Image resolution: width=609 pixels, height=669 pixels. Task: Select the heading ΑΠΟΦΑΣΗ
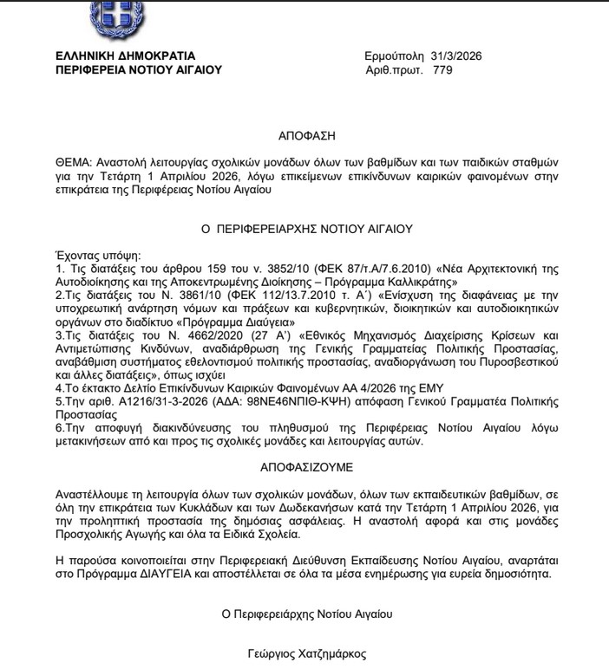(306, 136)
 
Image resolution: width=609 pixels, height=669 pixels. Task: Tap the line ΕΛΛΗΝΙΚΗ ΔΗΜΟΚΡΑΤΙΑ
(125, 56)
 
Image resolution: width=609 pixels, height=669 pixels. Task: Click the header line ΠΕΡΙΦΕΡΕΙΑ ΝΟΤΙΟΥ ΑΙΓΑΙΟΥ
(138, 70)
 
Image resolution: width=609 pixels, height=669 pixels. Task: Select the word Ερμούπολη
(394, 56)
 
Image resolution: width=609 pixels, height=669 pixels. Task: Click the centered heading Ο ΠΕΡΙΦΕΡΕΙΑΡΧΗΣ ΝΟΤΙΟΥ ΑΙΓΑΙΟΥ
(306, 230)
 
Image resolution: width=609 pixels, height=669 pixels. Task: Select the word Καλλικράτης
(429, 283)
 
